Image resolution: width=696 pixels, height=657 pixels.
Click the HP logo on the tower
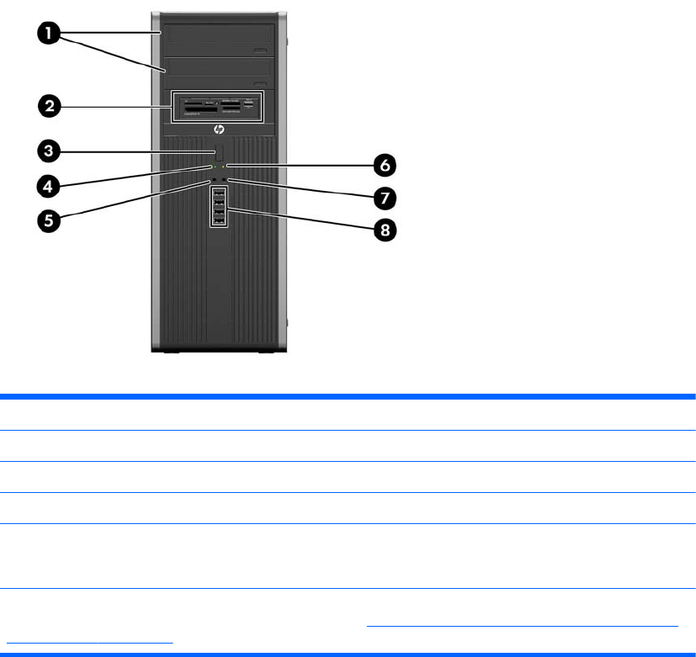click(218, 130)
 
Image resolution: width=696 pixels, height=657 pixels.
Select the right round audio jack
click(225, 180)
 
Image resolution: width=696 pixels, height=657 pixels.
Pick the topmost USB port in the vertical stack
click(218, 193)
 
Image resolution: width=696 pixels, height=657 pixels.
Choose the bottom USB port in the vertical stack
click(218, 220)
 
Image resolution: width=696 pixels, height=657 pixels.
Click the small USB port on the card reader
click(249, 103)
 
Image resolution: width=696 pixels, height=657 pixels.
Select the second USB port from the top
click(218, 202)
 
